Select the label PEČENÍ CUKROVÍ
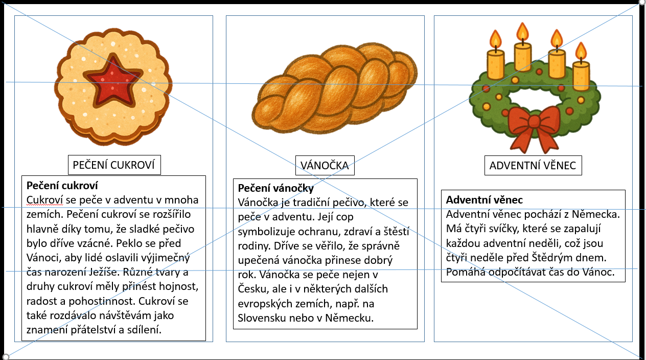point(114,165)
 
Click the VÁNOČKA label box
point(325,165)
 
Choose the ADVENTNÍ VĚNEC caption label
point(533,165)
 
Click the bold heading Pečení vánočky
point(276,188)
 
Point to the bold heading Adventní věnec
point(484,200)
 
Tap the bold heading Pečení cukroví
point(62,185)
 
